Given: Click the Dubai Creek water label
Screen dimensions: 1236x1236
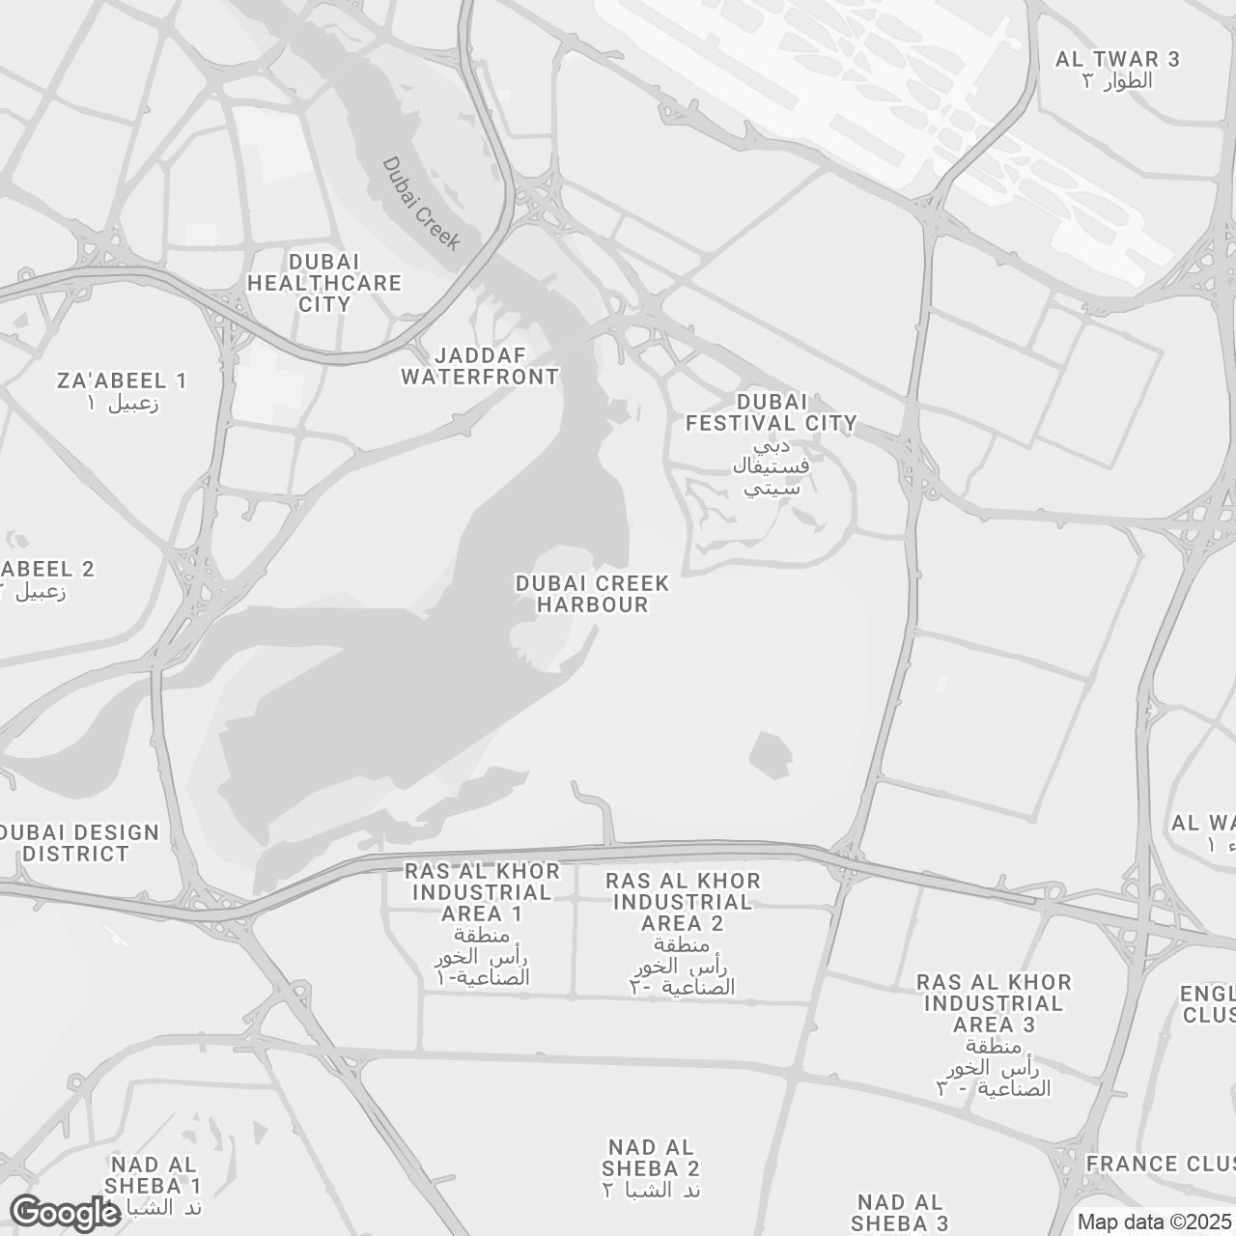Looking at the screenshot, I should click(x=421, y=204).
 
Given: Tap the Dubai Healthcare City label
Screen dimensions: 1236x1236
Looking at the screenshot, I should click(x=324, y=283).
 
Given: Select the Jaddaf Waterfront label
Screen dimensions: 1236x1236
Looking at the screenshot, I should click(x=480, y=366).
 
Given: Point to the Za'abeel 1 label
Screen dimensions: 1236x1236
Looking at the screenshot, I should click(x=122, y=380).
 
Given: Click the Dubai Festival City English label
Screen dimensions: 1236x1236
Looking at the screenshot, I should click(x=771, y=412).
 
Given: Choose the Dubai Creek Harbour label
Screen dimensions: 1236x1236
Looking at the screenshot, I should click(x=592, y=594).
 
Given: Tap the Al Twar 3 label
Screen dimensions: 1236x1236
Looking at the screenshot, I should click(x=1117, y=59).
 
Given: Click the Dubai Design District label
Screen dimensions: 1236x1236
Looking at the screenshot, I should click(x=77, y=843).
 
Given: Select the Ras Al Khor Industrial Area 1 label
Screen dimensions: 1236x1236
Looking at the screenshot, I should click(x=482, y=892).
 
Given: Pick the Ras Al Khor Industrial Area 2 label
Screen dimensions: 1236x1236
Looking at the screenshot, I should click(x=683, y=902).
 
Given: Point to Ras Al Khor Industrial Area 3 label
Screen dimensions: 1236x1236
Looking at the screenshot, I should click(x=994, y=1003).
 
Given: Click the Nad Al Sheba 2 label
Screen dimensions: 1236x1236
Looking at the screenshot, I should click(x=652, y=1158).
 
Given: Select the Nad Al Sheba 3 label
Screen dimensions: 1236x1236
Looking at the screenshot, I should click(x=900, y=1213).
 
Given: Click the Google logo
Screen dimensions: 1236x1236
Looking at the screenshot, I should click(x=66, y=1213).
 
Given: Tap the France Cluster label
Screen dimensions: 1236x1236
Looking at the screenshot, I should click(x=1160, y=1164).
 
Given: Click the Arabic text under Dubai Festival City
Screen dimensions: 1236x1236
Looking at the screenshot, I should click(x=770, y=467).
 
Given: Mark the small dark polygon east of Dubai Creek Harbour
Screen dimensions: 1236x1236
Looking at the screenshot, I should click(x=770, y=754).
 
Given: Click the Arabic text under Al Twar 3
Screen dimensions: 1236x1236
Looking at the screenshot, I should click(x=1117, y=81).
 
